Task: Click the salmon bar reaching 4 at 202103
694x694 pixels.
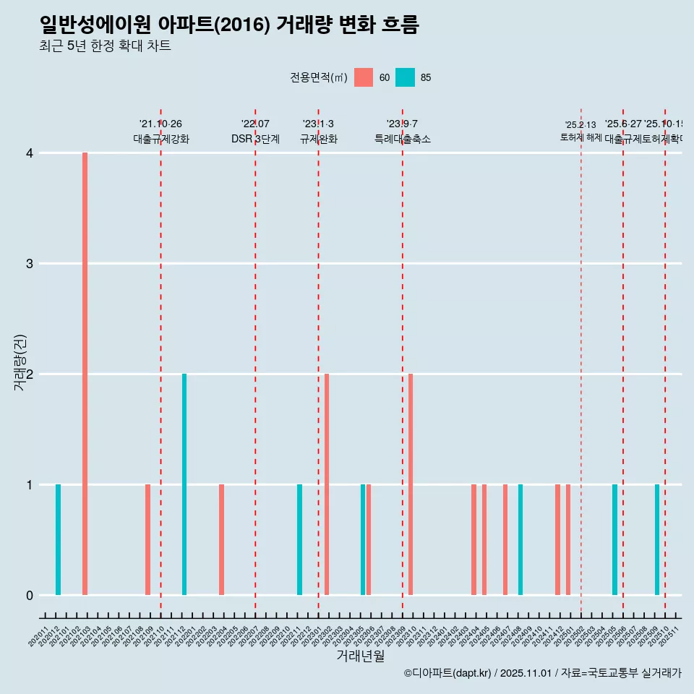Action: (85, 374)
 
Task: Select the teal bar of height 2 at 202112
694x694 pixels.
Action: (184, 484)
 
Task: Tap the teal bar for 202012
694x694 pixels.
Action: (58, 539)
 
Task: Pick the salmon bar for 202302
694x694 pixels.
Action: (327, 484)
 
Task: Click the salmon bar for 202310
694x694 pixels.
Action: (411, 484)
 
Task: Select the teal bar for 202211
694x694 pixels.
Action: (300, 539)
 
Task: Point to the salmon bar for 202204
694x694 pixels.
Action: (221, 539)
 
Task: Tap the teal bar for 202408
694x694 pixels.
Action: (520, 539)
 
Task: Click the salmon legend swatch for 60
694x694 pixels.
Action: (364, 77)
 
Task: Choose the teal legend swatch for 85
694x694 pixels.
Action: (406, 77)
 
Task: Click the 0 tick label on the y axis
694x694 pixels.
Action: (30, 595)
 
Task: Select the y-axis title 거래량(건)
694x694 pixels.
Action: (20, 363)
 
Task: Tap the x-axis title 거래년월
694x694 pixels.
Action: (360, 656)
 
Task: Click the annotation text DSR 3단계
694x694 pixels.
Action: (255, 139)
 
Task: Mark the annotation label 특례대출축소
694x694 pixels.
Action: (402, 139)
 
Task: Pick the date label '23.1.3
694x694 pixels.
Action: (318, 124)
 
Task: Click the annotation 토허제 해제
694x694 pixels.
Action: (581, 137)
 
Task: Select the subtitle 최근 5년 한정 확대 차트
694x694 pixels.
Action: (105, 46)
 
